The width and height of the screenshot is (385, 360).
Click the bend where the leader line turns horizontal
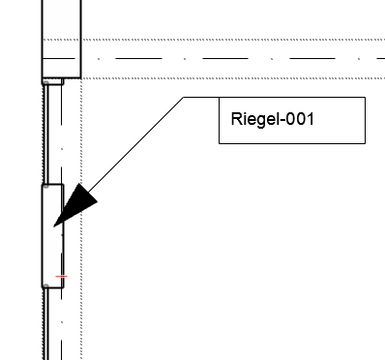(x=183, y=97)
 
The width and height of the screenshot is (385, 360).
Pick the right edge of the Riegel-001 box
(x=365, y=120)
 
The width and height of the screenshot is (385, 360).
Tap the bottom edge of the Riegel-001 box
(x=291, y=143)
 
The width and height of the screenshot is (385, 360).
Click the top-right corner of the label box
(x=365, y=97)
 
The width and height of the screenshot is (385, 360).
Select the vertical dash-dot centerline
(x=62, y=319)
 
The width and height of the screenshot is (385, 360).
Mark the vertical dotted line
(x=80, y=290)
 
